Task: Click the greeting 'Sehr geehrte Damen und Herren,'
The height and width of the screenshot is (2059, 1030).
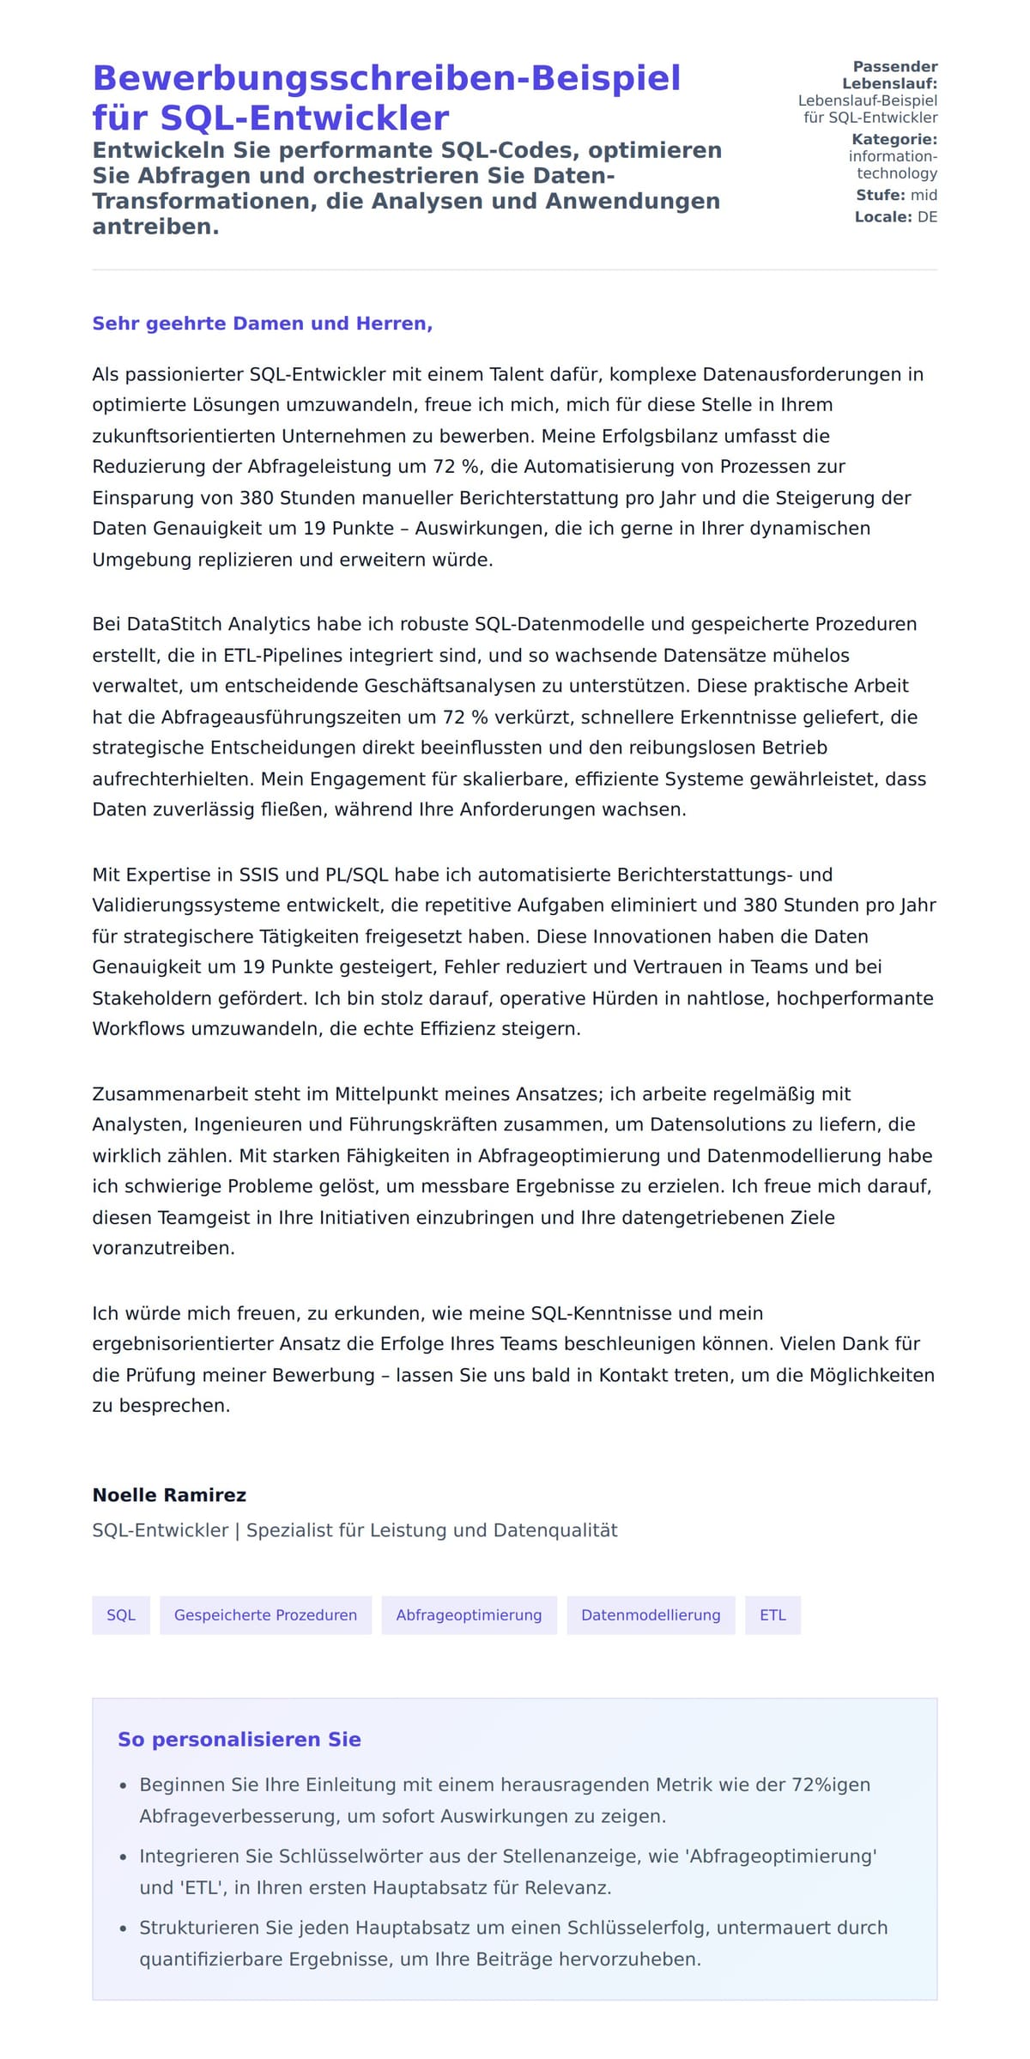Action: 262,324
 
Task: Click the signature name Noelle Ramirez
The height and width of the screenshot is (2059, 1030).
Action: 169,1495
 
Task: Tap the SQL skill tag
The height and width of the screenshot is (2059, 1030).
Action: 121,1615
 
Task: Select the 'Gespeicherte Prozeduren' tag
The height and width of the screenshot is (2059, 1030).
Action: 265,1615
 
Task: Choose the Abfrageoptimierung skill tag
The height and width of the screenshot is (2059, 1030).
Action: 469,1615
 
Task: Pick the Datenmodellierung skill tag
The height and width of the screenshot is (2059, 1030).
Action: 651,1615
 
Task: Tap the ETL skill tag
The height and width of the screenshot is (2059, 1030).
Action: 772,1615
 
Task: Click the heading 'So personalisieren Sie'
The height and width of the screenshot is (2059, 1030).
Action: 239,1740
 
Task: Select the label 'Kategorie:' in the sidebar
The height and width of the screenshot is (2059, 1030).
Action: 894,139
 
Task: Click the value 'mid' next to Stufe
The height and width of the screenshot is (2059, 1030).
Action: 924,195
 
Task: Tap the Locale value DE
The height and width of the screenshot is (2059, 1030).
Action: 927,217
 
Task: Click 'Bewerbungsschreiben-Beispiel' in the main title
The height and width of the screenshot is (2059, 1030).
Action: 386,78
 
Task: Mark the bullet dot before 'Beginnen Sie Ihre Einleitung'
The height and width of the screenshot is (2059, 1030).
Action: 123,1786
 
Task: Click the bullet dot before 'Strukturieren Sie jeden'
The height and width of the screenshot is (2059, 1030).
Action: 123,1929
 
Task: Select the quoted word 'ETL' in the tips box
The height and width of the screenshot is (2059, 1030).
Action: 198,1888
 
